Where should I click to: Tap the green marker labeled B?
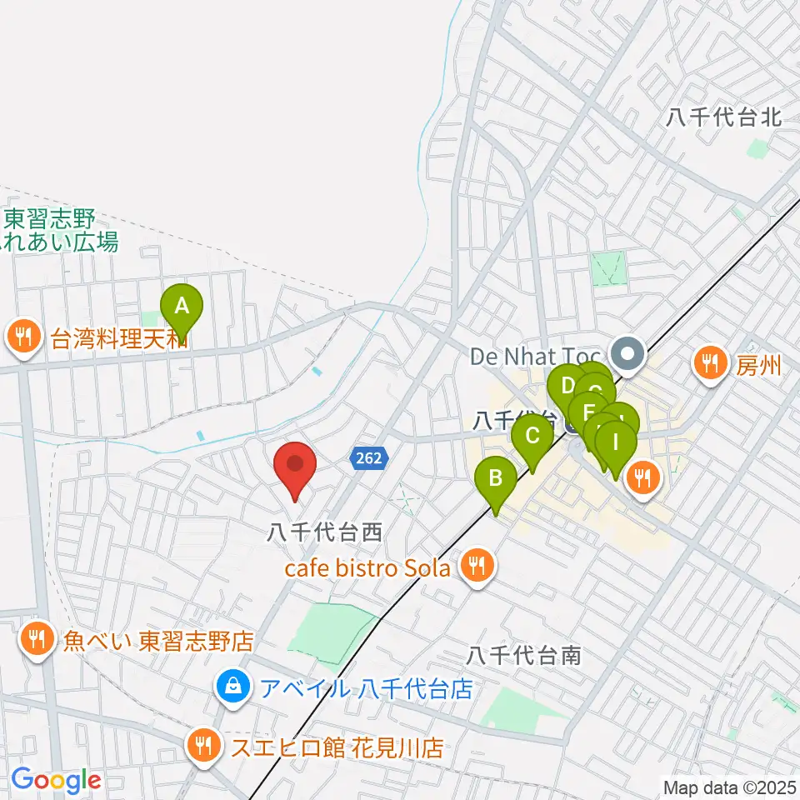coord(495,482)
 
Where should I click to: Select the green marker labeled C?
coord(532,437)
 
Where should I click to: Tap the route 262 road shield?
coord(367,457)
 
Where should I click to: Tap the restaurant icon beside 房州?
coord(709,362)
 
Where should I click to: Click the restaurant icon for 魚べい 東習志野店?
coord(36,641)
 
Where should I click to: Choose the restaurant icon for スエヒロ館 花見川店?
coord(202,744)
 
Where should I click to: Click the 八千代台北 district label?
coord(723,117)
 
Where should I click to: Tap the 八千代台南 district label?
coord(523,655)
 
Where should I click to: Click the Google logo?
coord(56,781)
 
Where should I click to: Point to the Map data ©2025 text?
coord(729,786)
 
